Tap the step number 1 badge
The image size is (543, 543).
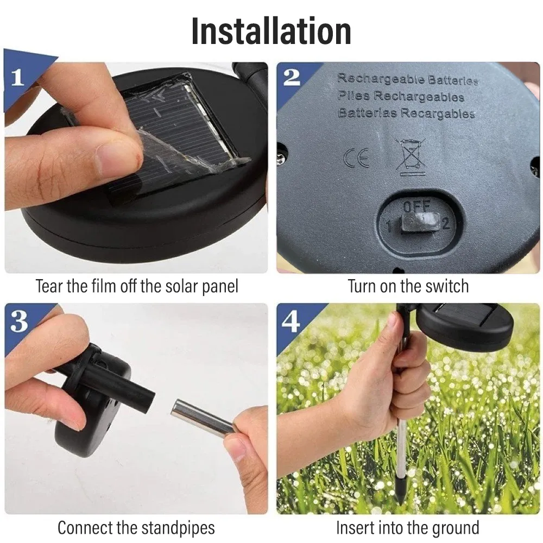[x=17, y=77]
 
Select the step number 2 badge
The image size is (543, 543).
[x=292, y=77]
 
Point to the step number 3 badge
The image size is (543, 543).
[x=18, y=321]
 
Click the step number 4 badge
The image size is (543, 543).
[x=291, y=321]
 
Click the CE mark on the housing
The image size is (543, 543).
[x=357, y=158]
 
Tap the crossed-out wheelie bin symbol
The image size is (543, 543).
[x=411, y=156]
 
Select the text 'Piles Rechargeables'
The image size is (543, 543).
[x=401, y=96]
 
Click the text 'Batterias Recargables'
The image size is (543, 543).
[x=406, y=113]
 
